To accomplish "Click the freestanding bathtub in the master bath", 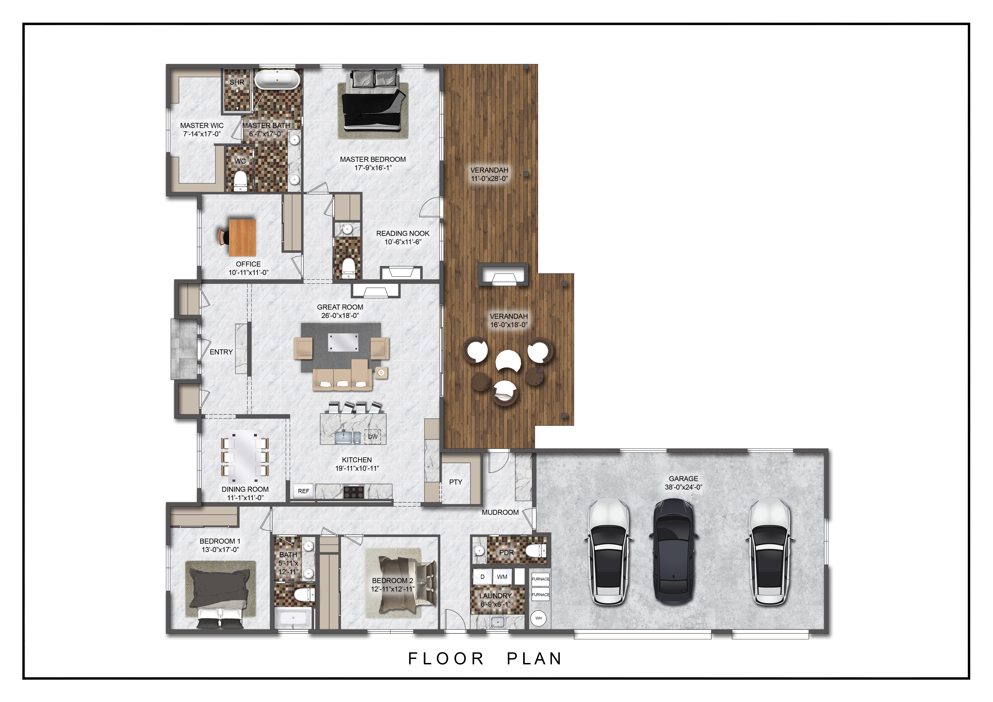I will (x=277, y=80).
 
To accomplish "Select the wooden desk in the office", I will (x=242, y=238).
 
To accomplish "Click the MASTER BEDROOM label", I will (x=373, y=160).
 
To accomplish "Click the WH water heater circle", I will (x=538, y=618).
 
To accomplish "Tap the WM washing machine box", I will (x=502, y=577).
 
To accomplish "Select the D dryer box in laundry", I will (x=482, y=577).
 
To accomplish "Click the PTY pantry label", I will (x=455, y=482).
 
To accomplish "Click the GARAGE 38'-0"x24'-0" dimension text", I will (x=683, y=487).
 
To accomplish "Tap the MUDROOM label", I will (x=500, y=512).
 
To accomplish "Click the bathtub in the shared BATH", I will (x=293, y=618).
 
